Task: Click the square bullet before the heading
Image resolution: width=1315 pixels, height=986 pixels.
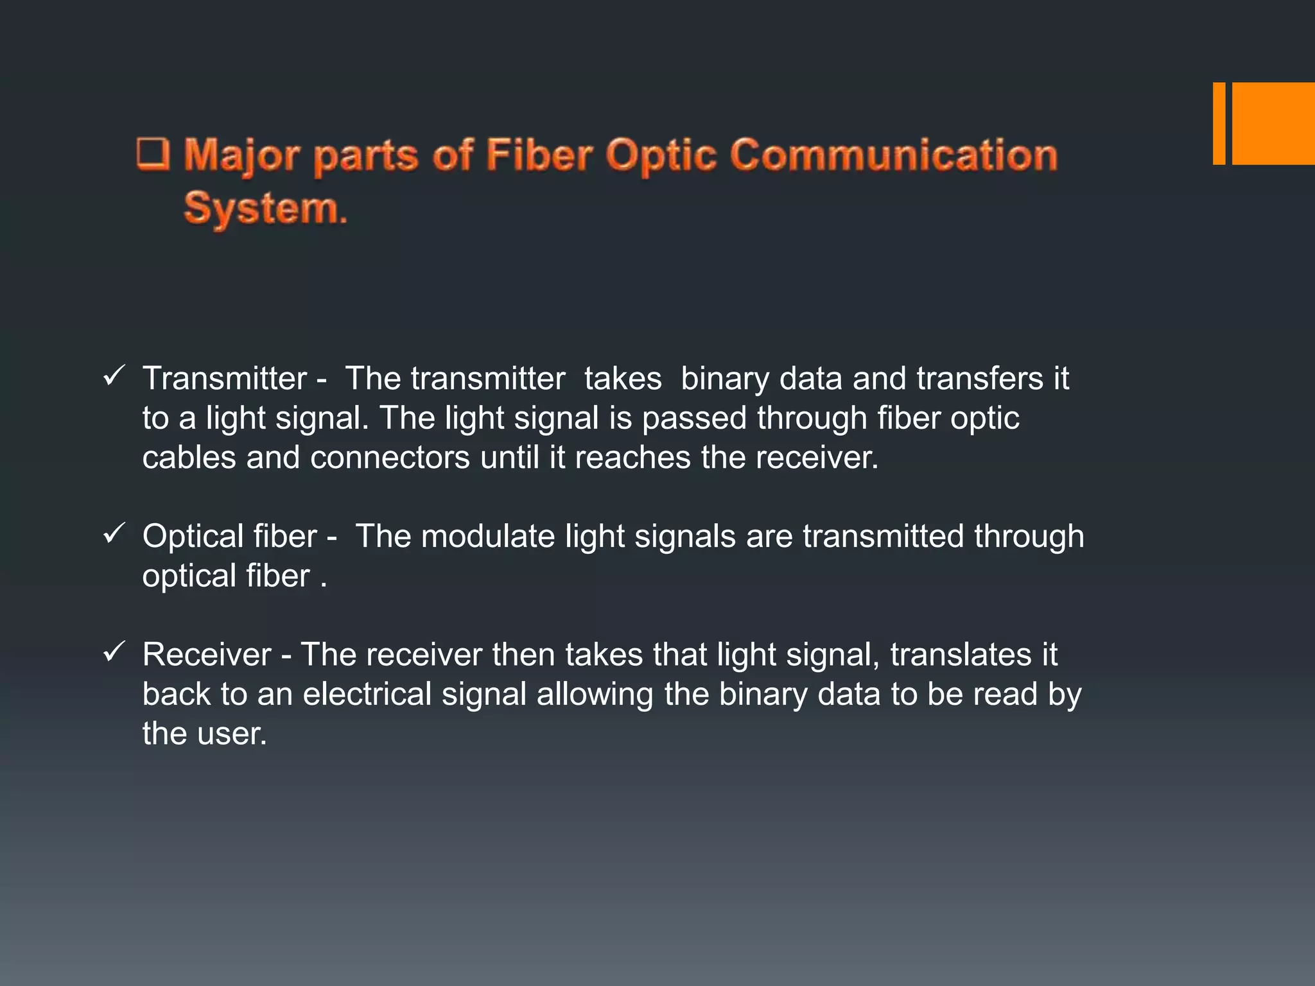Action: [x=153, y=155]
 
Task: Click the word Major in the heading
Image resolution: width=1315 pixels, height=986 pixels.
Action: [x=241, y=156]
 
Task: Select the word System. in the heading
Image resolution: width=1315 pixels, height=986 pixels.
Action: [x=265, y=209]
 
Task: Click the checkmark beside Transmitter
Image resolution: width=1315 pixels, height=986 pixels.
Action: [x=113, y=376]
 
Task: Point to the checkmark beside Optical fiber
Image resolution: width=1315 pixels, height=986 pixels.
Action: [x=113, y=534]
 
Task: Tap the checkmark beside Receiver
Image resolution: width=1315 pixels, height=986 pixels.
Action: [x=113, y=652]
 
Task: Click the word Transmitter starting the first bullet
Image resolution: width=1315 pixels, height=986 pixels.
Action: [x=225, y=378]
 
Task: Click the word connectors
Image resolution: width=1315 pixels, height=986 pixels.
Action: [x=390, y=458]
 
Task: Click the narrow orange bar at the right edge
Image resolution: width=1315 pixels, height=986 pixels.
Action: [x=1219, y=123]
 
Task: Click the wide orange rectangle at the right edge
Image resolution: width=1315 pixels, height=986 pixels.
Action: [x=1273, y=123]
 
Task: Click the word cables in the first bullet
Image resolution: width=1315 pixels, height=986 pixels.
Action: [x=189, y=458]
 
